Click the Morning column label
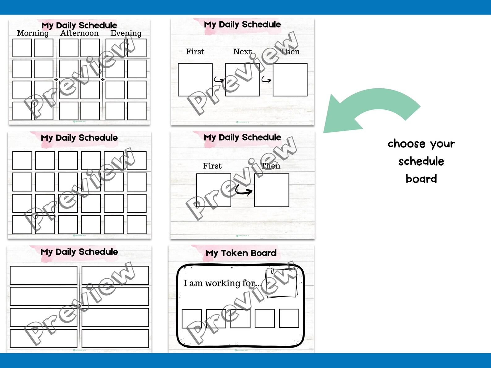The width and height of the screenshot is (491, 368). pos(33,33)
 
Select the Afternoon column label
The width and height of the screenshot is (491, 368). pos(79,33)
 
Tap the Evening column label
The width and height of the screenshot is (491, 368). pos(126,33)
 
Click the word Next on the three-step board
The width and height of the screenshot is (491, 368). pos(242,52)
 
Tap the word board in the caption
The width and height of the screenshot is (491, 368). pos(421,179)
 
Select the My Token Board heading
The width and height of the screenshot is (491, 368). pos(241,253)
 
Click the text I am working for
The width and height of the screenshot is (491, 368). pos(221,283)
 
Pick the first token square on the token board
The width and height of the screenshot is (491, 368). pos(192,319)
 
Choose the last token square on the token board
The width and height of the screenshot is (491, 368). pos(289,318)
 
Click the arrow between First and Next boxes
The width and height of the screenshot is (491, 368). pos(219,80)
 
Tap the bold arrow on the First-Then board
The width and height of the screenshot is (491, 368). pos(244,191)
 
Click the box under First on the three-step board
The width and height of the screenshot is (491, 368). pos(195,80)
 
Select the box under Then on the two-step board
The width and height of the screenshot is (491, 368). pos(271,190)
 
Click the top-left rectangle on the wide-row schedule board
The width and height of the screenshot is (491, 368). pos(44,275)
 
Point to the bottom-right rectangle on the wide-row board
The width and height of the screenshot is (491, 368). pos(115,339)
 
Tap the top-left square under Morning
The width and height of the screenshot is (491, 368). pos(22,48)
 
